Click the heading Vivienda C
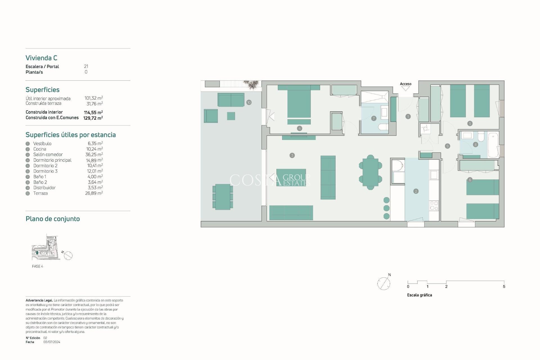tap(41, 58)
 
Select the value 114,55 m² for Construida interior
tap(93, 112)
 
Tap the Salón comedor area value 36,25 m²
tap(94, 154)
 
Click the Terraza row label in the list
tap(40, 193)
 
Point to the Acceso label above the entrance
tap(405, 84)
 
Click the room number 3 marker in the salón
tap(292, 155)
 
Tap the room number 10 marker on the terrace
tap(249, 102)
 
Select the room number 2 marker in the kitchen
tap(416, 191)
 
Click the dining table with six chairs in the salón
tap(370, 172)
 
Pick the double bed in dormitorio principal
tap(299, 103)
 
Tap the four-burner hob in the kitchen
tap(434, 206)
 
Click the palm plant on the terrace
tap(251, 84)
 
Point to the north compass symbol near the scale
tap(384, 283)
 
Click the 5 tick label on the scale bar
tap(504, 287)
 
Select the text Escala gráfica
tap(419, 295)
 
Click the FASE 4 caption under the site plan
tap(37, 266)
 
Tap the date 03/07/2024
tap(52, 342)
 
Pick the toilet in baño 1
tap(383, 127)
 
